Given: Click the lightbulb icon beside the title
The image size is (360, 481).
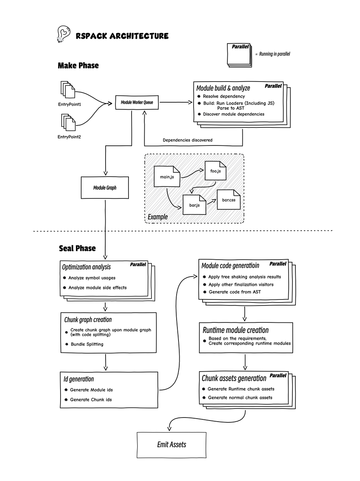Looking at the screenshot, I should (64, 34).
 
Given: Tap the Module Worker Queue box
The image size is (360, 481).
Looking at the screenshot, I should (137, 102).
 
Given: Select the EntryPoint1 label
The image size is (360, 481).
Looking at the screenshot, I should (70, 104).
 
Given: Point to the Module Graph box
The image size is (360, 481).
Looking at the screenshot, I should (105, 188).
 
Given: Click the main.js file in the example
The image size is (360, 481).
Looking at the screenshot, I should (167, 176).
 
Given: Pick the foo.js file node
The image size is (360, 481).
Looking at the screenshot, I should (215, 171).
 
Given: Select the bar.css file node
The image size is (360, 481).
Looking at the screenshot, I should (228, 200).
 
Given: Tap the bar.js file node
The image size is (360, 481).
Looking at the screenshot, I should (194, 205).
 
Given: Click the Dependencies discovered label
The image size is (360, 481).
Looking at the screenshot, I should (188, 140).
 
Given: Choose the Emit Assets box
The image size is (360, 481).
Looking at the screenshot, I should (171, 445).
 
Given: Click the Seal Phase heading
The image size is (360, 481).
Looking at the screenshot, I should (77, 248).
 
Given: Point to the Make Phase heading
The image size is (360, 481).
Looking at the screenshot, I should (78, 66).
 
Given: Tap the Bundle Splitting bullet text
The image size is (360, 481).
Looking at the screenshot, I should (87, 344).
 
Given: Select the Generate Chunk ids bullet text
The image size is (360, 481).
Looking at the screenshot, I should (91, 400).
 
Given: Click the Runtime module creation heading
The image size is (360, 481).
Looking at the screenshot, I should (236, 330).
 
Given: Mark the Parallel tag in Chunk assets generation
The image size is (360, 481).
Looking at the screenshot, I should (278, 375).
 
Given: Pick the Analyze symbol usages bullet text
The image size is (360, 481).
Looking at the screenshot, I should (92, 278).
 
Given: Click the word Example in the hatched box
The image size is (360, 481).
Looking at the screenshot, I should (158, 217).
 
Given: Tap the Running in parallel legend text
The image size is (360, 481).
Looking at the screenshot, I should (275, 54).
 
